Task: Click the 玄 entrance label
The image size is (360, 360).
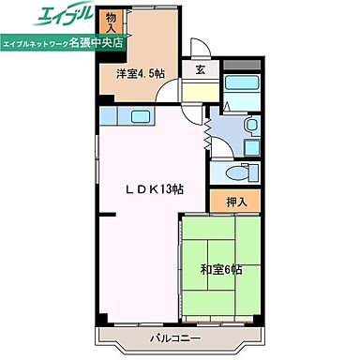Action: pyautogui.click(x=201, y=68)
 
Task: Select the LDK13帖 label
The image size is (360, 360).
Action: pyautogui.click(x=156, y=188)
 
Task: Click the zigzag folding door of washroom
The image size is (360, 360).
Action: pyautogui.click(x=208, y=124)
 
